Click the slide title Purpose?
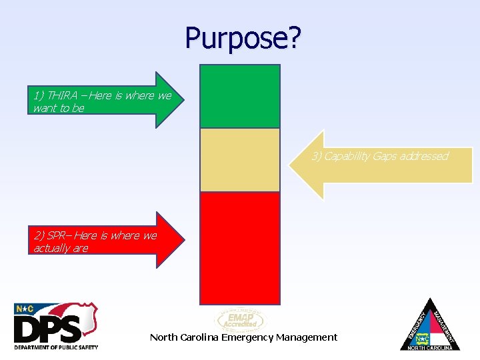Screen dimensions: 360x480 [243, 38]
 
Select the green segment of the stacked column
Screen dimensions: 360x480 [240, 96]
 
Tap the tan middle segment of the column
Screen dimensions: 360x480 [240, 160]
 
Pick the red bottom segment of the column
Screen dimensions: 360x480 [240, 247]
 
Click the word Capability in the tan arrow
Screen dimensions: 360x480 [347, 156]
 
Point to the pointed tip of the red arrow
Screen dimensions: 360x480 [184, 240]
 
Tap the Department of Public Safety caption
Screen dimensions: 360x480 [56, 347]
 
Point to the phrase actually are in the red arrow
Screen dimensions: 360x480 [61, 249]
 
